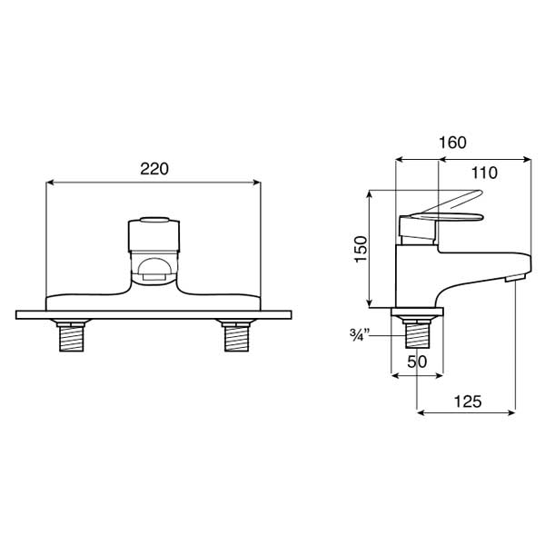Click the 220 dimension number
coord(154,169)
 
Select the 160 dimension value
coord(451,143)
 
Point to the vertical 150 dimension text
coord(361,249)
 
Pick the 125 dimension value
coord(465,400)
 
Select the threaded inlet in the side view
coord(417,334)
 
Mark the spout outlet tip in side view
coord(515,276)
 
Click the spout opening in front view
coord(153,270)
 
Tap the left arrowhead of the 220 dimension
coord(49,183)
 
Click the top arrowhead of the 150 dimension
coord(370,195)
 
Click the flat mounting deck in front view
coord(153,315)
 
